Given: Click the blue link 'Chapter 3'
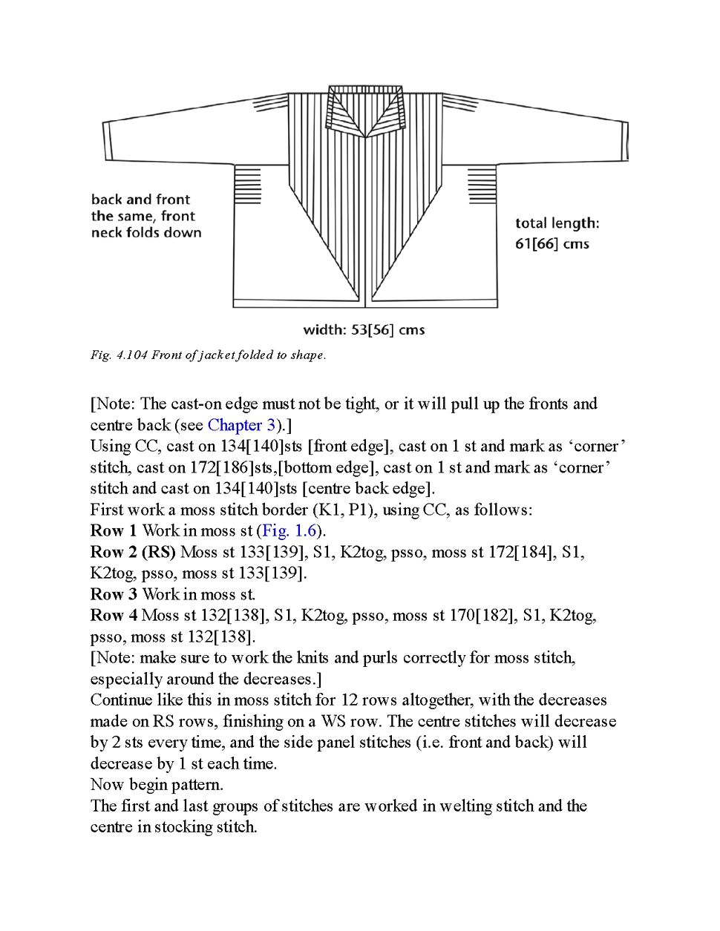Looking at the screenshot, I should pos(242,425).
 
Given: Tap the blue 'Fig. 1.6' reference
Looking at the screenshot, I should pos(289,531).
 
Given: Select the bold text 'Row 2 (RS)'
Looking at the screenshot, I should pos(133,552).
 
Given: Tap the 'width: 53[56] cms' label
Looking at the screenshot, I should pos(364,330).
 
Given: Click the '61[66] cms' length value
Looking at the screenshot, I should pos(552,244).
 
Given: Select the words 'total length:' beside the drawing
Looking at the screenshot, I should pos(557,223).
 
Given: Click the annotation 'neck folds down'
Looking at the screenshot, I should pos(146,233).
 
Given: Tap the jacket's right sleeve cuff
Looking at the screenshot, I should pos(624,141).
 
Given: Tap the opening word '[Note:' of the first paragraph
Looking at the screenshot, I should pos(113,404).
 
